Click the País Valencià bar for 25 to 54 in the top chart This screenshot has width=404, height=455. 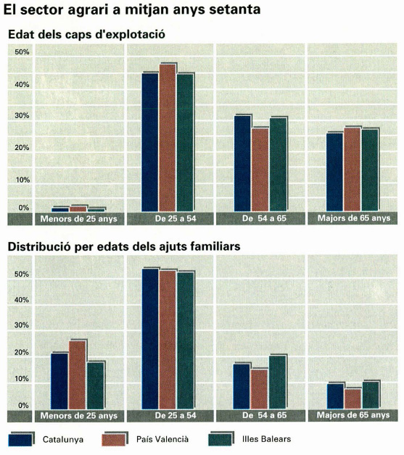168,138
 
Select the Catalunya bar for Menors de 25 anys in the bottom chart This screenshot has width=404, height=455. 59,381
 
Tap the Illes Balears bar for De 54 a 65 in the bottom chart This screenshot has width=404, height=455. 278,382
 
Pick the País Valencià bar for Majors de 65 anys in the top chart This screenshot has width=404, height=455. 352,170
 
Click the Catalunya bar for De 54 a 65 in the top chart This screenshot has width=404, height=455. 242,164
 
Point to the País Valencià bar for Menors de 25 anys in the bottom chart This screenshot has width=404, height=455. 78,375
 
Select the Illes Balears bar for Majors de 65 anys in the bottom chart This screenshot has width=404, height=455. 371,395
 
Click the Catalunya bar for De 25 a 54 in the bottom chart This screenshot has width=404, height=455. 150,339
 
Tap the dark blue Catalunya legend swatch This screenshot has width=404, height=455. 20,440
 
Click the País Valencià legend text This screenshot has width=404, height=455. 162,439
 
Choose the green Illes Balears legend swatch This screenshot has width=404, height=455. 220,440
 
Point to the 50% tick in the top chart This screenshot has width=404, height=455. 22,52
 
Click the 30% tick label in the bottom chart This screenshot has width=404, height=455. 22,325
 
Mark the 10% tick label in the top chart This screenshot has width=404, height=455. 22,180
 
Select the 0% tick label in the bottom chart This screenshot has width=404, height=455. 23,406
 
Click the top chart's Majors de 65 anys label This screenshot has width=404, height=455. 354,218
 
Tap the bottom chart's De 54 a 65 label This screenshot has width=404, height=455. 264,415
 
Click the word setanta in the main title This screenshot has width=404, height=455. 235,9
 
